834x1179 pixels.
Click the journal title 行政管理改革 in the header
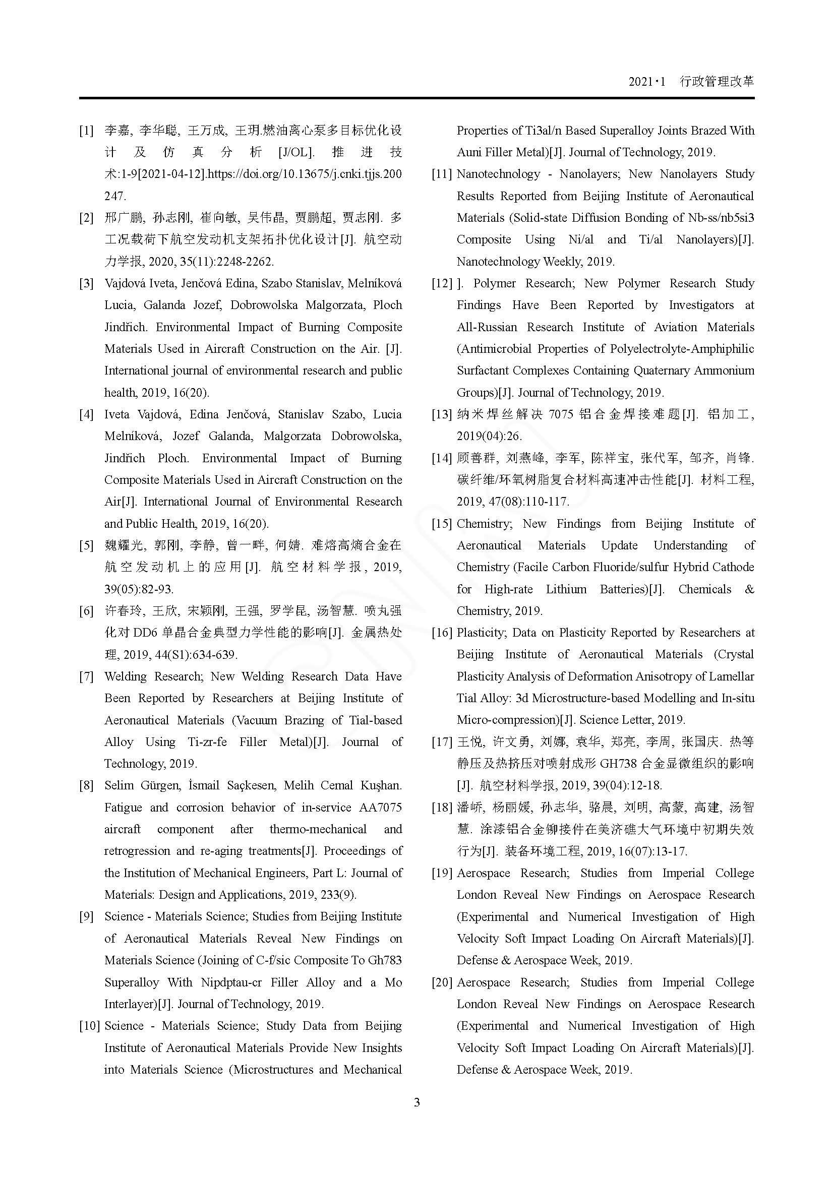click(717, 81)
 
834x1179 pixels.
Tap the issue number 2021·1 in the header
click(646, 82)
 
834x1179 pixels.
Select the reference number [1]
click(86, 131)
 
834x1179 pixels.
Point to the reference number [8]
click(86, 785)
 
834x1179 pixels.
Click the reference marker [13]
click(442, 414)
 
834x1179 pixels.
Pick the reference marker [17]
click(442, 741)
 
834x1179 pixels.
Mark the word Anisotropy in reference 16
click(663, 676)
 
